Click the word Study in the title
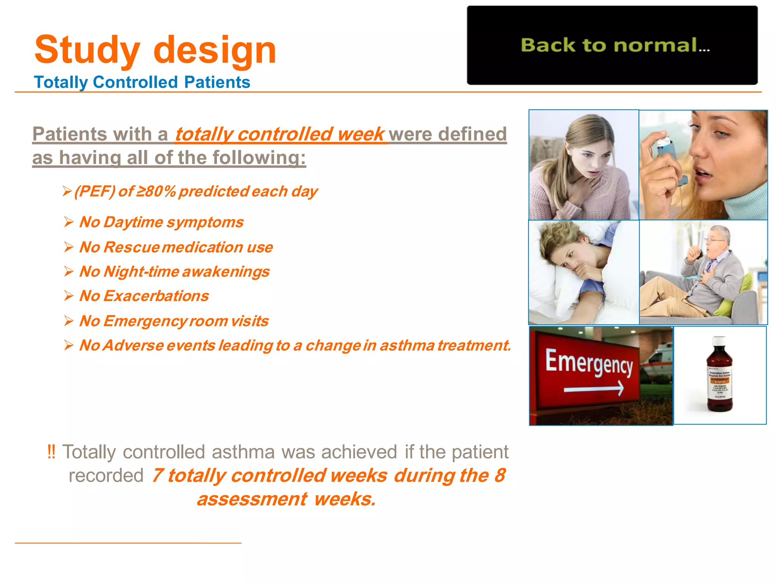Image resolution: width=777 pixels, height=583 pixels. pyautogui.click(x=87, y=50)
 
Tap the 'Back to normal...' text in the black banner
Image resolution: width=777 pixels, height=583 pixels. pyautogui.click(x=615, y=45)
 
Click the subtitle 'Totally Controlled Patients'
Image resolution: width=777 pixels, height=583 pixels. pyautogui.click(x=142, y=82)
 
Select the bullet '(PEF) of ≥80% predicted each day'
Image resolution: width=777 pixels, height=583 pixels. pyautogui.click(x=195, y=191)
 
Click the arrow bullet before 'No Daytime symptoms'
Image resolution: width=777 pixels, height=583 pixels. pyautogui.click(x=69, y=222)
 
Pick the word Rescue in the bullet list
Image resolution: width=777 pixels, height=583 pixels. pyautogui.click(x=131, y=247)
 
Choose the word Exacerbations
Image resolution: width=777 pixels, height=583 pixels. pyautogui.click(x=156, y=296)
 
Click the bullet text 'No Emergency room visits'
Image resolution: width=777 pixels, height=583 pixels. pyautogui.click(x=174, y=321)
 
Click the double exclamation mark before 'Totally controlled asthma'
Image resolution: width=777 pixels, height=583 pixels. pyautogui.click(x=51, y=452)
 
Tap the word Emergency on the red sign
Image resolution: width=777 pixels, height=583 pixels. pyautogui.click(x=589, y=362)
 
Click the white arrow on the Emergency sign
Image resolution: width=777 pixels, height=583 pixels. pyautogui.click(x=594, y=389)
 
